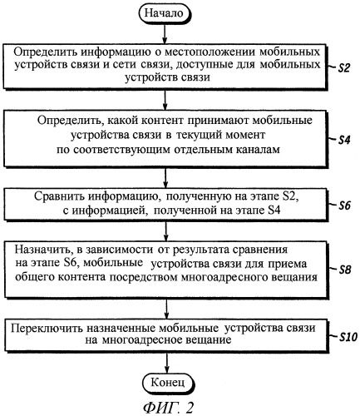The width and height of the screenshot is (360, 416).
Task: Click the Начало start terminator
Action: point(165,13)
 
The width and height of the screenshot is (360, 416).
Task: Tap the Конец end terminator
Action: point(168,383)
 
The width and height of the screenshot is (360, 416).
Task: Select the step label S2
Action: point(343,68)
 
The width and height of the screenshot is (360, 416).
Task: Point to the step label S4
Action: point(344,140)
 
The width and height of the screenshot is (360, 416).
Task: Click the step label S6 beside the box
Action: point(345,206)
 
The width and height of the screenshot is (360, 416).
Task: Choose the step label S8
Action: point(345,270)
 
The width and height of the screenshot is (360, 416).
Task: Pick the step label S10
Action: point(348,337)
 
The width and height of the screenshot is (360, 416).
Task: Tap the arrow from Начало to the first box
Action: point(165,34)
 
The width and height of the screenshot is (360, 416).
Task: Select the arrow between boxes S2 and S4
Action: point(165,100)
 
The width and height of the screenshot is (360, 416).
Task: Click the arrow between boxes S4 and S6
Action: point(165,178)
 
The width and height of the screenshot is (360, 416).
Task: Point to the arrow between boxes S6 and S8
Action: point(166,230)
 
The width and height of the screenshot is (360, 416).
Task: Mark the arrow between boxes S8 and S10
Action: point(166,309)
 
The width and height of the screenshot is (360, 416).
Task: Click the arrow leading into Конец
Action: point(167,362)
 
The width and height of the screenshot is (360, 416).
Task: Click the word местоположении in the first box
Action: point(210,52)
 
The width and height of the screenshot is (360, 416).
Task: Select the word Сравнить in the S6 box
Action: point(59,196)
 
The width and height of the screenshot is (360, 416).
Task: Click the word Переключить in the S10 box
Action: point(47,329)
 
